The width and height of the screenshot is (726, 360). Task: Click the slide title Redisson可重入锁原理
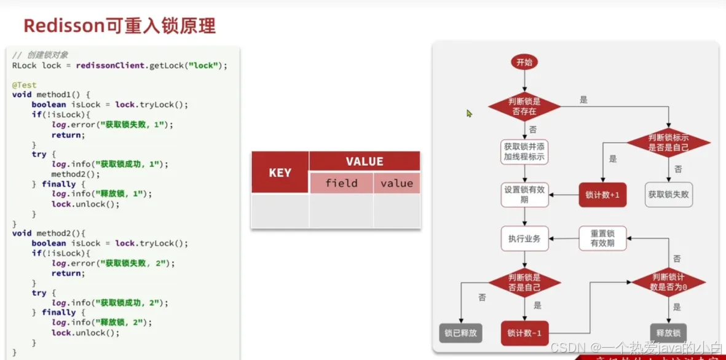point(119,26)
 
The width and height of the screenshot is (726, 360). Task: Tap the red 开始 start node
point(524,62)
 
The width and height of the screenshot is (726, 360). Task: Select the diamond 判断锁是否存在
point(524,106)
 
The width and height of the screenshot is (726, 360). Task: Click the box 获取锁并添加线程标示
point(524,152)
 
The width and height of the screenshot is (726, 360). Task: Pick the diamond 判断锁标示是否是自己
point(668,143)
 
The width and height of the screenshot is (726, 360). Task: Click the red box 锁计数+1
point(602,195)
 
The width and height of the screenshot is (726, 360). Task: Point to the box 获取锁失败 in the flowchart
point(668,195)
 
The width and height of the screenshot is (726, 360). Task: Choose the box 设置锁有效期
point(524,195)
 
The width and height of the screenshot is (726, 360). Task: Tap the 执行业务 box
point(524,238)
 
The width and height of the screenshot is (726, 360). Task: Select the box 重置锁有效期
point(602,238)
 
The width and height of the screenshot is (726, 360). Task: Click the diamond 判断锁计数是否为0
point(668,282)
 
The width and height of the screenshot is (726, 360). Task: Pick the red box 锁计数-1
point(524,333)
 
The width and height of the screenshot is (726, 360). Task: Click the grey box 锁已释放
point(460,333)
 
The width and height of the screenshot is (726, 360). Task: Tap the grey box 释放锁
point(668,333)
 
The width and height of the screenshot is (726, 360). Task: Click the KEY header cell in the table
point(280,173)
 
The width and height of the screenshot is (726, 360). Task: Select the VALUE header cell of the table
point(365,162)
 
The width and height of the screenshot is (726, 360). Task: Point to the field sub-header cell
point(341,183)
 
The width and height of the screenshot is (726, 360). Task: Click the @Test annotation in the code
point(25,85)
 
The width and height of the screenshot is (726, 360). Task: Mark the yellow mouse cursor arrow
point(469,114)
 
